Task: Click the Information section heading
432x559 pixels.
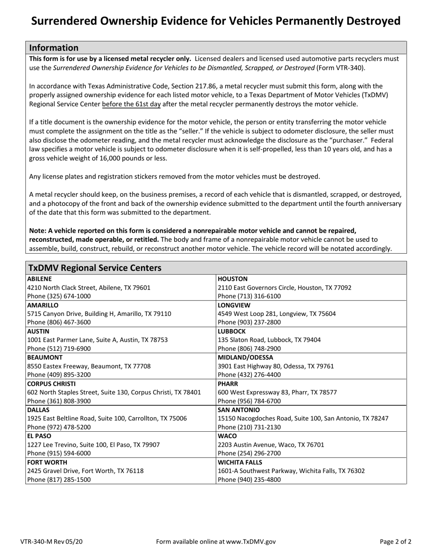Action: tap(54, 48)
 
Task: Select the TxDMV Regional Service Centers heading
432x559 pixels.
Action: tap(95, 268)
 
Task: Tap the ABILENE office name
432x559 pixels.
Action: tap(40, 279)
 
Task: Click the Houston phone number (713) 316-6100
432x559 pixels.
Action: tap(249, 296)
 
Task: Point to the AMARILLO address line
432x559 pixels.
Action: tap(99, 313)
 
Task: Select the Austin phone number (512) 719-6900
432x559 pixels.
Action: tap(59, 349)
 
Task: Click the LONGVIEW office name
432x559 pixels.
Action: tap(234, 305)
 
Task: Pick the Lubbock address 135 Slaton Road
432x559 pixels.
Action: tap(269, 339)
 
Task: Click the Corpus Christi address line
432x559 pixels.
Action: tap(114, 392)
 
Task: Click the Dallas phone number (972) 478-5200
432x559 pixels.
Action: tap(59, 427)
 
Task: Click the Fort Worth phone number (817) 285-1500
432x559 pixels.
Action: tap(59, 479)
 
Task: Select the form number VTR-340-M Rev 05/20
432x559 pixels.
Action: tap(51, 541)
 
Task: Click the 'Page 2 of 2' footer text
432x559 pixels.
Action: tap(396, 541)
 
